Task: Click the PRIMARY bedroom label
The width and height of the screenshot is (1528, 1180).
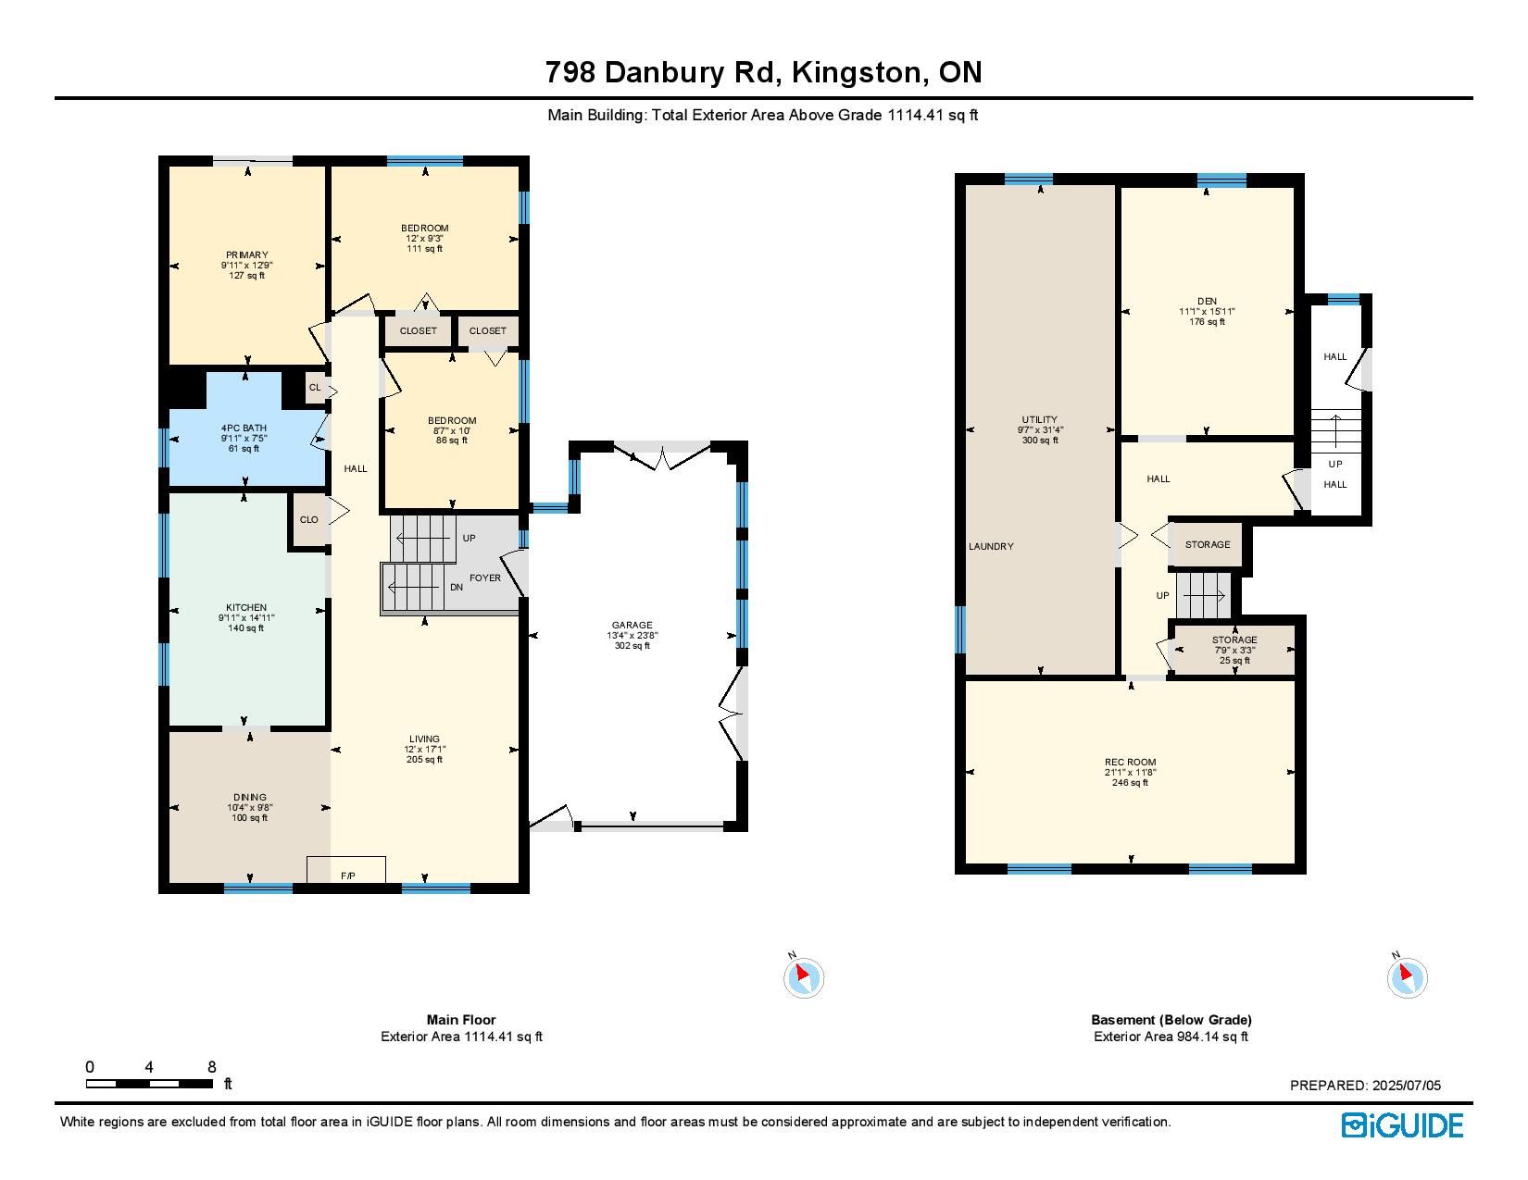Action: click(247, 255)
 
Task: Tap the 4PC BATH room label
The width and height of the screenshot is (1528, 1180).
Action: click(244, 428)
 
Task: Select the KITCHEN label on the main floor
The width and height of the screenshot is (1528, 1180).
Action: click(246, 607)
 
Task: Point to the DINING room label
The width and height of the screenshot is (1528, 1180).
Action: click(250, 797)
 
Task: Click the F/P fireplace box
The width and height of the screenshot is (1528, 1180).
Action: click(346, 869)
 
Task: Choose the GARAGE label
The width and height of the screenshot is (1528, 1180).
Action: click(632, 625)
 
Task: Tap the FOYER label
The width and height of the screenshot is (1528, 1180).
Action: click(485, 578)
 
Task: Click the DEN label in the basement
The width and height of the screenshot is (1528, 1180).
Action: click(1207, 301)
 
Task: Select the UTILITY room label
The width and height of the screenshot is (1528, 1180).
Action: click(1039, 419)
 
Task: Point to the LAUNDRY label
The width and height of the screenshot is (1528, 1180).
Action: click(991, 546)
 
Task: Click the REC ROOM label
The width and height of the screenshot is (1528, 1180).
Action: click(1130, 762)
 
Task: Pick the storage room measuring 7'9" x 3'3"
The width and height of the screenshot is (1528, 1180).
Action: click(1234, 650)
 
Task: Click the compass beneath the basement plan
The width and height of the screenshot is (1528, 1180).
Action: click(1407, 977)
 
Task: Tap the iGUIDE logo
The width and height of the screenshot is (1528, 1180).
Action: click(1402, 1125)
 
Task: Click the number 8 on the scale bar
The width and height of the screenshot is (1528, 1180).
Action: click(212, 1067)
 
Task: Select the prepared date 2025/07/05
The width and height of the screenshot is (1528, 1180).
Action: click(1407, 1085)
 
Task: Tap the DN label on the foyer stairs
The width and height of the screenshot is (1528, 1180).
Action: click(457, 587)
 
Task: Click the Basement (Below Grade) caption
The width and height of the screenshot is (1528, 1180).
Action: click(1171, 1020)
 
